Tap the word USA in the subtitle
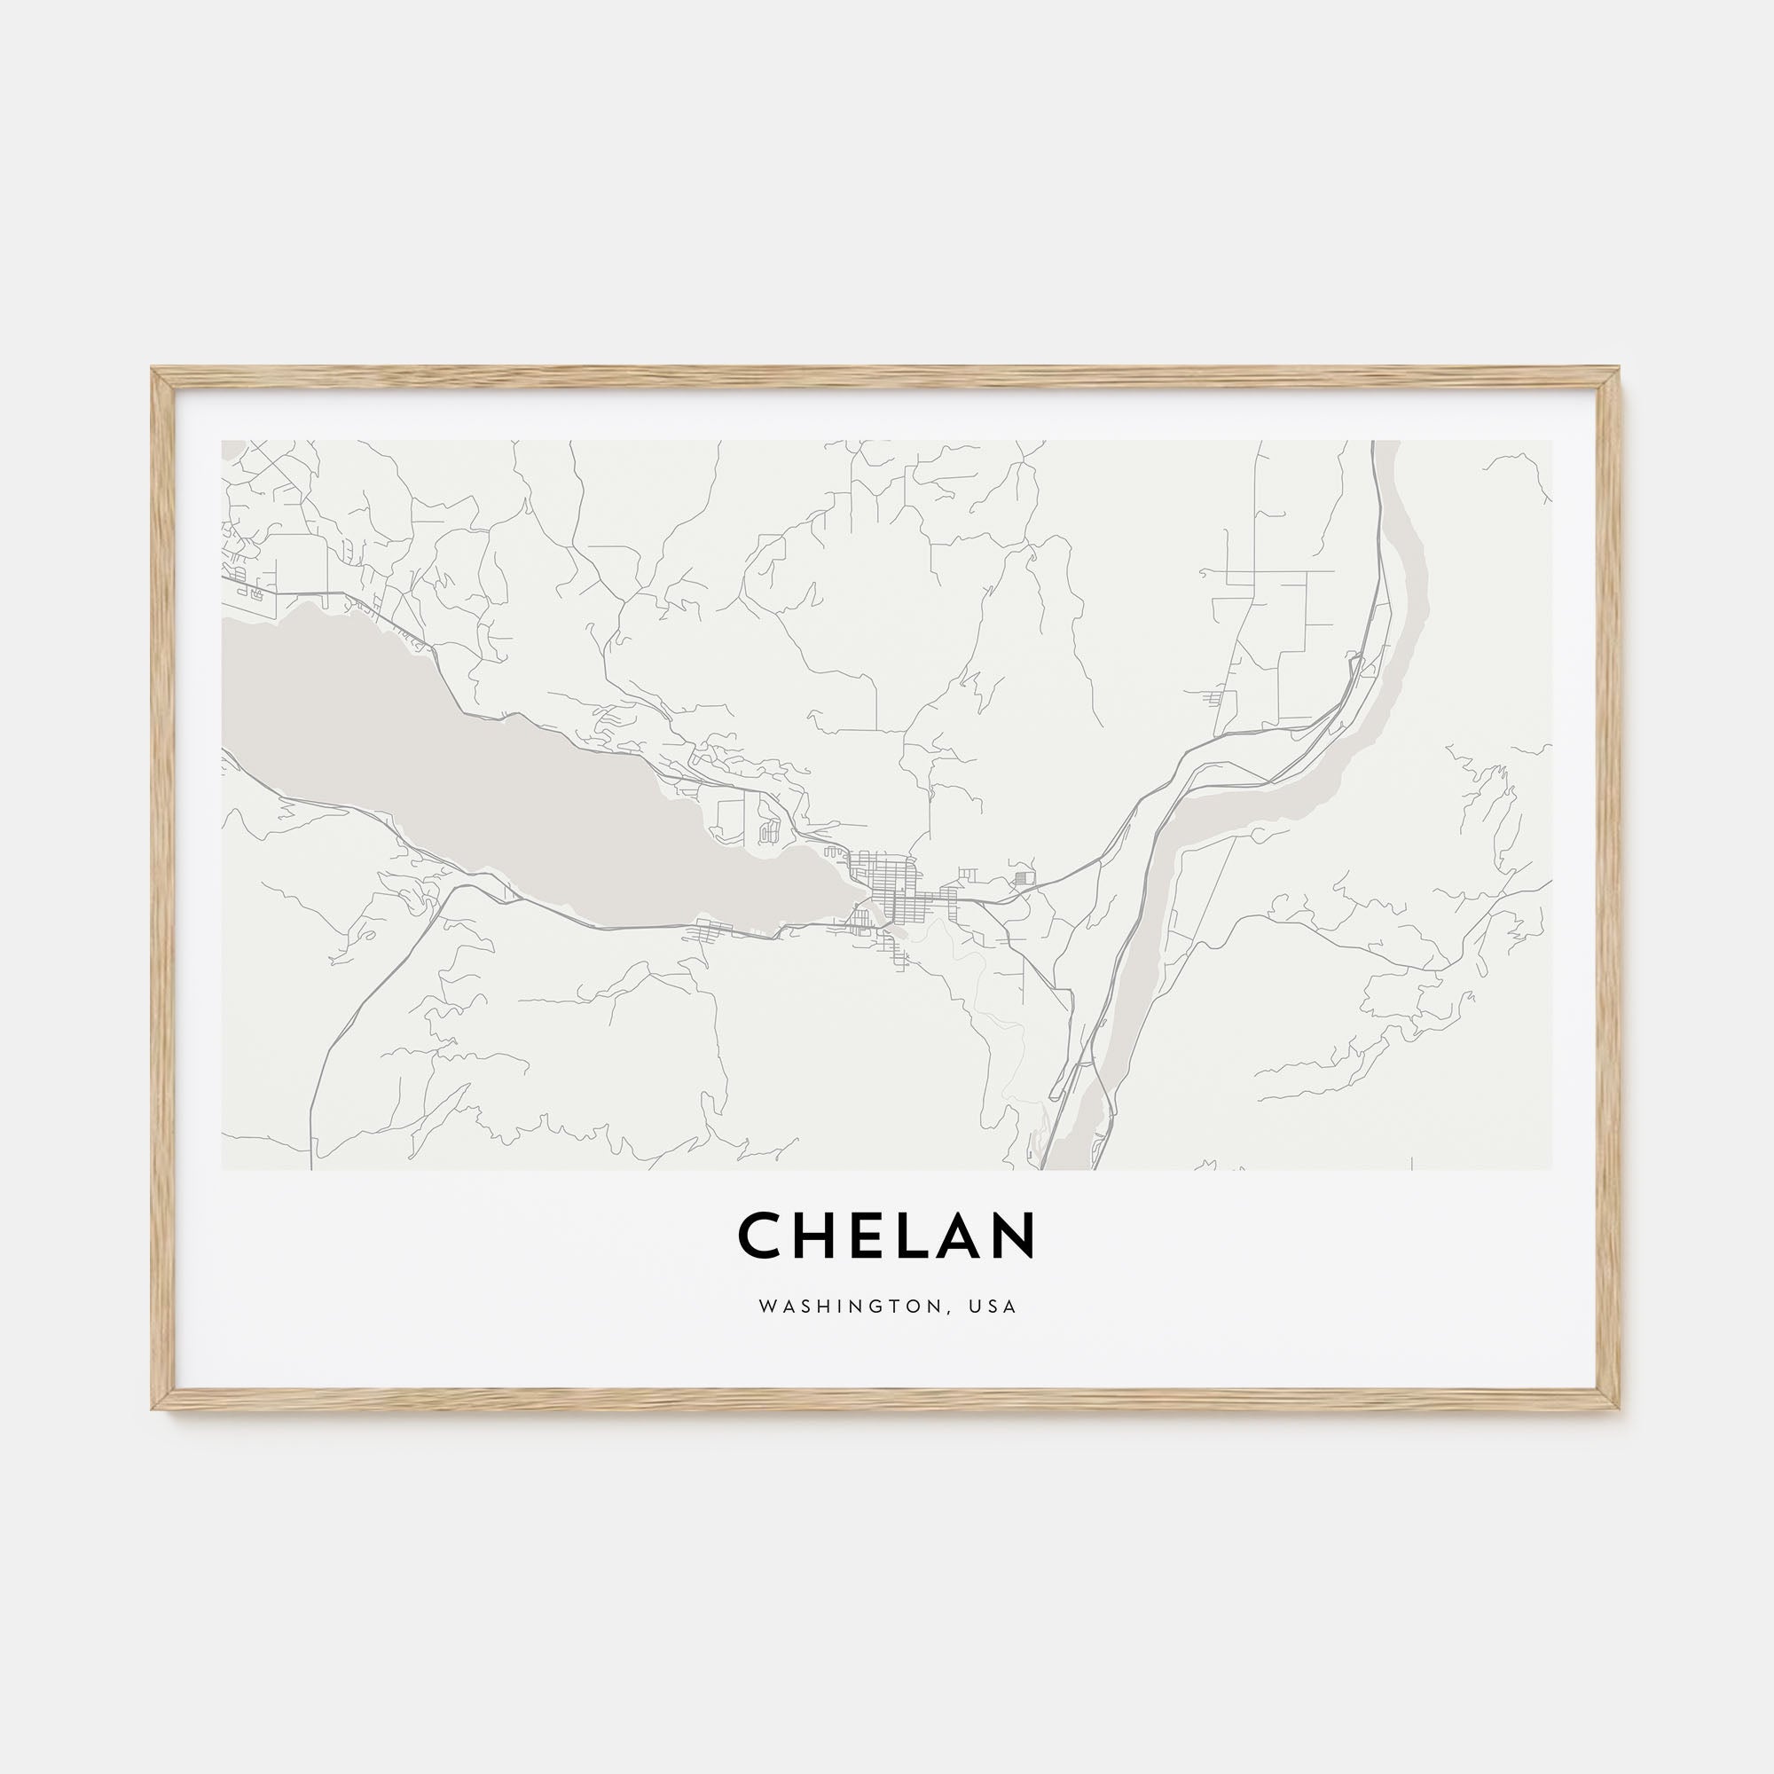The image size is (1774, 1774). [994, 1307]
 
